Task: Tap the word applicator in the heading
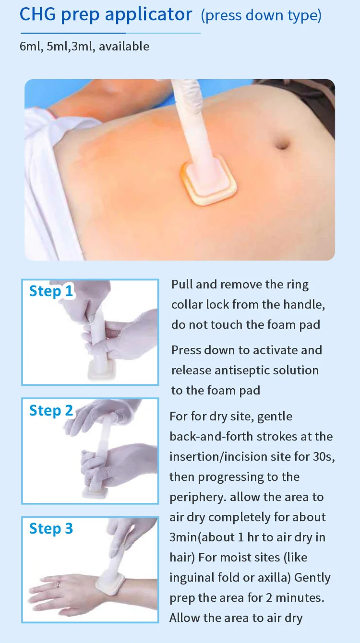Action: click(148, 15)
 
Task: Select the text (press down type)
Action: click(261, 15)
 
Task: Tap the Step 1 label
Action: click(51, 291)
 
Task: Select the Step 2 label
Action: click(51, 410)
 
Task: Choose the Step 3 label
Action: click(51, 528)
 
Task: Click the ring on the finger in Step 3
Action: click(59, 584)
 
